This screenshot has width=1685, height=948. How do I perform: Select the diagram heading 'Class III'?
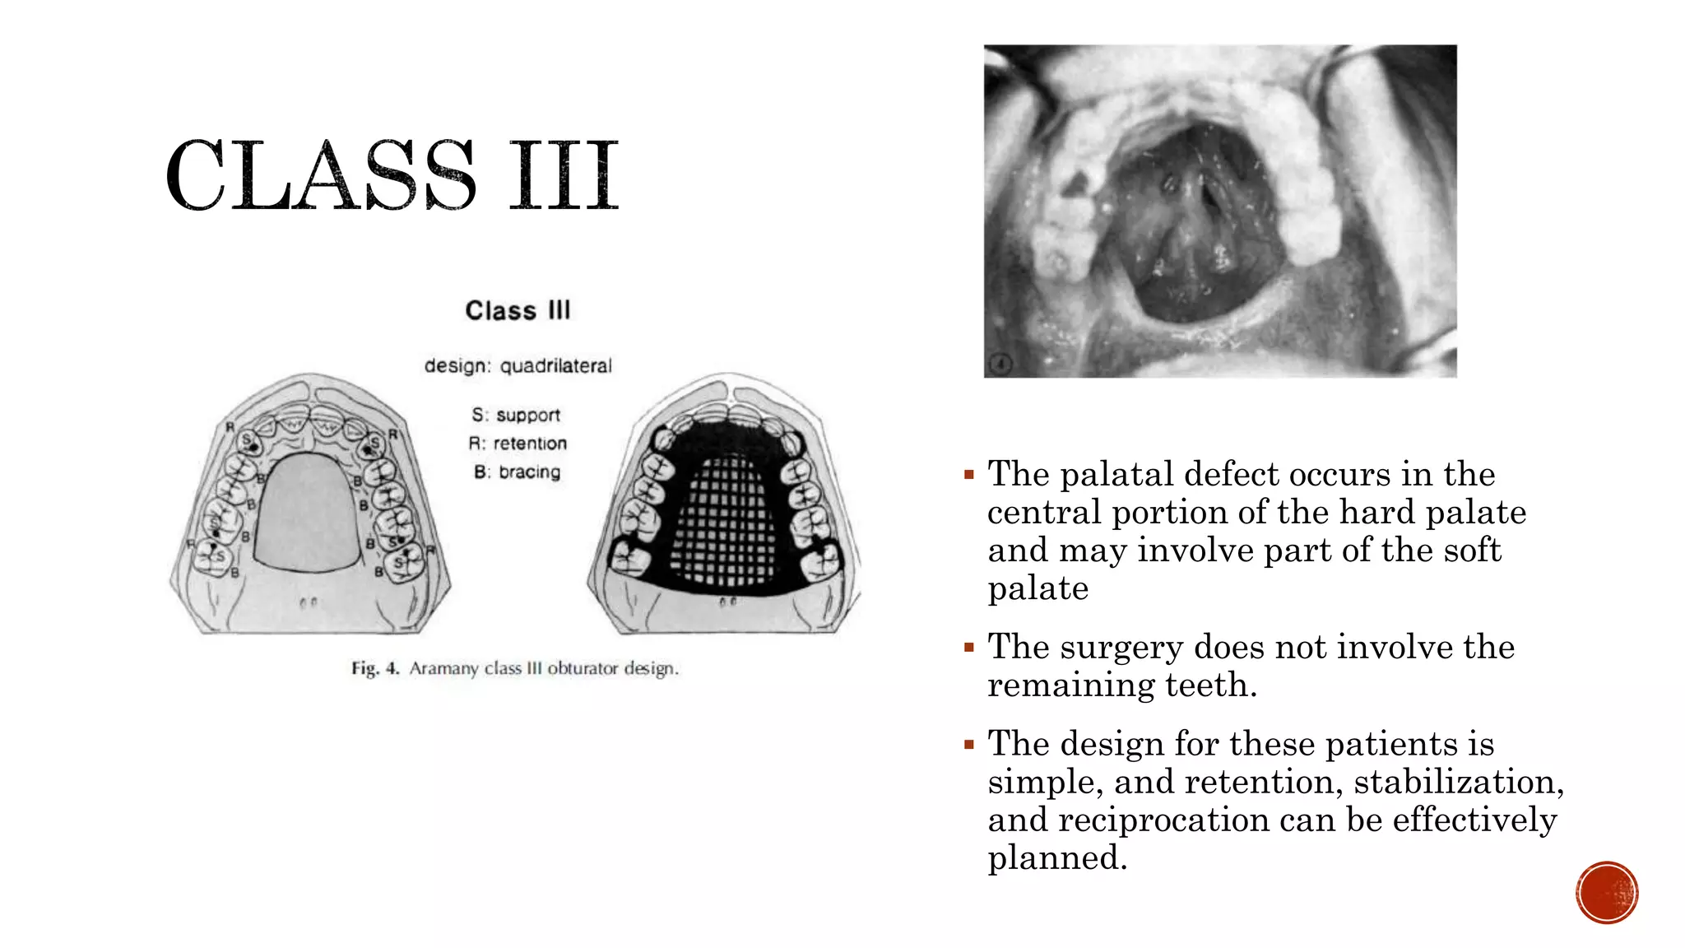coord(518,310)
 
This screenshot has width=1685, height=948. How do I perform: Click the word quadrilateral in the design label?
coord(556,365)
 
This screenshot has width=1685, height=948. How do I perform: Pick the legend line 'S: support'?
coord(516,415)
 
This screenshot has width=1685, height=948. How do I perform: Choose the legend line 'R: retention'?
coord(518,444)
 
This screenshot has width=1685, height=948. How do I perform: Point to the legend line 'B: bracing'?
coord(517,472)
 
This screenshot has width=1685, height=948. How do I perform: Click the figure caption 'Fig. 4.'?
coord(375,668)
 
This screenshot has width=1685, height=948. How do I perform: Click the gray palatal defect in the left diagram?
coord(307,514)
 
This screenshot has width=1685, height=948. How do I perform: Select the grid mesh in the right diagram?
coord(724,523)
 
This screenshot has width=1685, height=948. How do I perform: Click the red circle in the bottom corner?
coord(1607,893)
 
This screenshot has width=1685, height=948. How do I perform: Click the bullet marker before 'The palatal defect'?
coord(969,475)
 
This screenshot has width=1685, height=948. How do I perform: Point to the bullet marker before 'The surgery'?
coord(969,648)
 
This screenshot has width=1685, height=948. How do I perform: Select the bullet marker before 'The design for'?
coord(969,745)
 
